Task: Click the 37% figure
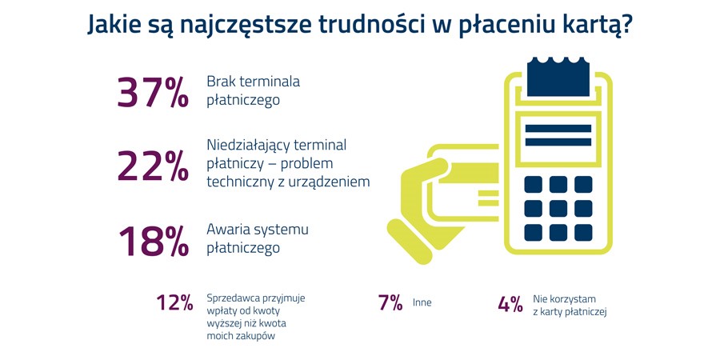point(153,92)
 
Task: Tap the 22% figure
point(153,166)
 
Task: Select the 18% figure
point(154,241)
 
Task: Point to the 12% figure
point(174,303)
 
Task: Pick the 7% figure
point(390,303)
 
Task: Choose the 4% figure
point(510,304)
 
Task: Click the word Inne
point(422,303)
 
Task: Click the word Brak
point(219,82)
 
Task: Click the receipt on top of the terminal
point(558,77)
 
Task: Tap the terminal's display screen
point(558,136)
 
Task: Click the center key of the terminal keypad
point(558,208)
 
